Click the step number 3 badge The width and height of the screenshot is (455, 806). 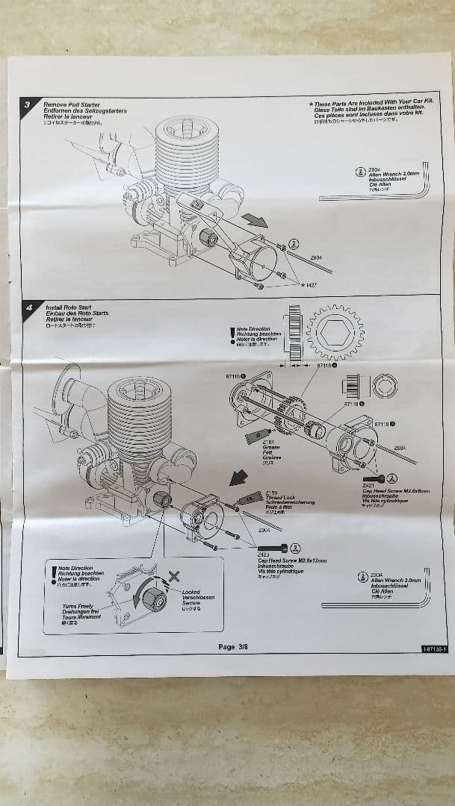click(x=28, y=105)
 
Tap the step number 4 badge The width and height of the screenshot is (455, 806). click(x=28, y=306)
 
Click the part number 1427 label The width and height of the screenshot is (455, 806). click(x=309, y=284)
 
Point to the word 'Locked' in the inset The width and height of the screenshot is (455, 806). click(x=191, y=592)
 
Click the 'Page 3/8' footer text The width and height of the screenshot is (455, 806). click(x=237, y=646)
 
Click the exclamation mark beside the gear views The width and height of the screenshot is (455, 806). click(x=232, y=336)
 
